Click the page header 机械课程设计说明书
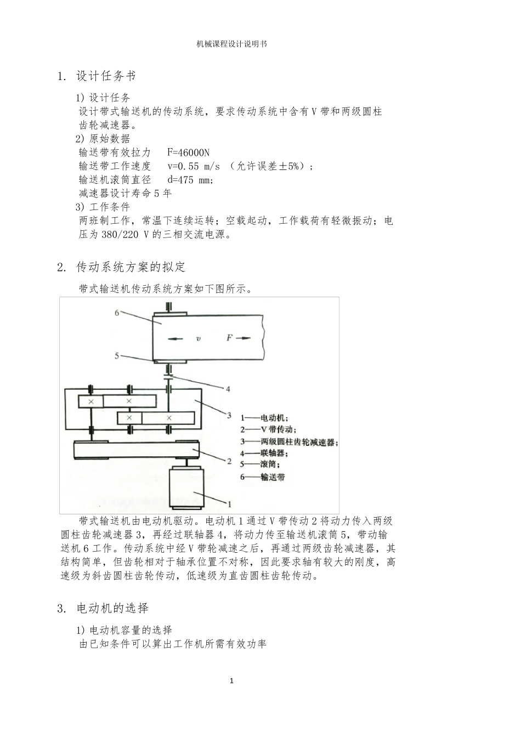click(232, 44)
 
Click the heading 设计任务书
click(105, 76)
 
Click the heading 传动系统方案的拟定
click(131, 268)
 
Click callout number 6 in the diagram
click(117, 313)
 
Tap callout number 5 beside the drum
click(117, 356)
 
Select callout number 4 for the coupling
click(228, 389)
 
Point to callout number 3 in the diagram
click(229, 415)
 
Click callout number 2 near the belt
click(229, 461)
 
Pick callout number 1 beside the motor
click(229, 503)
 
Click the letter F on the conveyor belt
click(230, 338)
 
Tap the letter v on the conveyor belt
click(199, 339)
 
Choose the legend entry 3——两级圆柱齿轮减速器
click(289, 442)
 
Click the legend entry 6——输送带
click(263, 477)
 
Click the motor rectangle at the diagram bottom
click(186, 487)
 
